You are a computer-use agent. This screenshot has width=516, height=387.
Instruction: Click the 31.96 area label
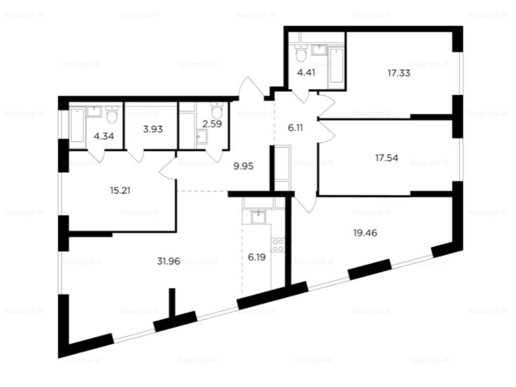(x=168, y=262)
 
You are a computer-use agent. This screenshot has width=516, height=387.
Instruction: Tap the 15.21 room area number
(x=120, y=190)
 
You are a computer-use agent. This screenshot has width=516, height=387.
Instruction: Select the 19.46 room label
(x=365, y=233)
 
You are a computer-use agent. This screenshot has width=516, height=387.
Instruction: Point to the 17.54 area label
(x=386, y=158)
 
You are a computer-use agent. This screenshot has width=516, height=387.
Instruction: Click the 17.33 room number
(x=399, y=73)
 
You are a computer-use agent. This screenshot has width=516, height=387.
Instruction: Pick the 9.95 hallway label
(x=243, y=166)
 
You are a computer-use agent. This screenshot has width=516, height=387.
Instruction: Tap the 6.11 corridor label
(x=295, y=127)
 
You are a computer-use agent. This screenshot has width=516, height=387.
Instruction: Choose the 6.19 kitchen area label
(x=256, y=257)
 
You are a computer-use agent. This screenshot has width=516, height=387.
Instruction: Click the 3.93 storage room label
(x=153, y=129)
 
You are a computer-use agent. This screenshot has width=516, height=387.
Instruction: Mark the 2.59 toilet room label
(x=212, y=124)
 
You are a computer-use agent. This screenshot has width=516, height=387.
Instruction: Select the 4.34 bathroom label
(x=104, y=136)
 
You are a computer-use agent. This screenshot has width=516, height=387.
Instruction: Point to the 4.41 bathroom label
(x=306, y=73)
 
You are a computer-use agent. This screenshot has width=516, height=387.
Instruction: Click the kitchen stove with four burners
(x=278, y=245)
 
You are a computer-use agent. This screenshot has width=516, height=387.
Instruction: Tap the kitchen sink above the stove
(x=259, y=216)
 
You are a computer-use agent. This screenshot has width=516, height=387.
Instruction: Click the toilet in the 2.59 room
(x=217, y=110)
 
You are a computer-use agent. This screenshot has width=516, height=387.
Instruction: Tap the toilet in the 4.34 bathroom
(x=112, y=114)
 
